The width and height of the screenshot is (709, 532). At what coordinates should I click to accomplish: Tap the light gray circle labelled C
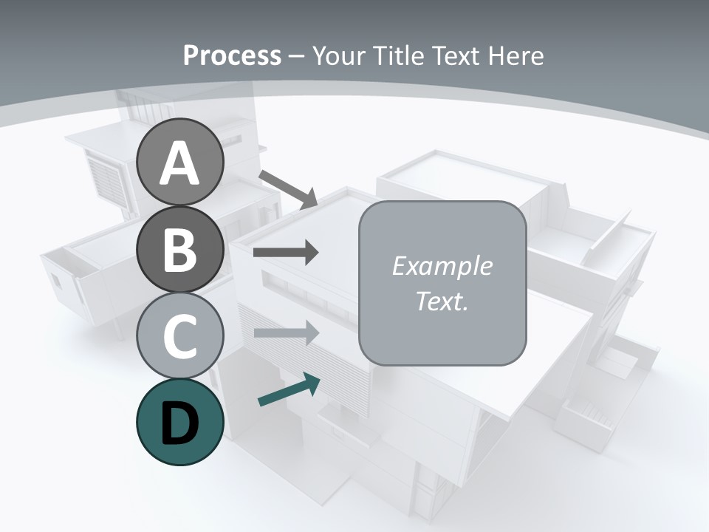tap(180, 336)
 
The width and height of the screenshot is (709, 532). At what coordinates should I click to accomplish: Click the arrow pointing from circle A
tap(288, 188)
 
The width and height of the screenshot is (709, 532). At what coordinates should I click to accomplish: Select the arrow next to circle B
tap(286, 253)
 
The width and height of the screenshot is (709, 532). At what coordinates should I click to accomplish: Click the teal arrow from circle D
tap(289, 389)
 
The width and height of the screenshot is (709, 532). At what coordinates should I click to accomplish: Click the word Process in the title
tap(232, 56)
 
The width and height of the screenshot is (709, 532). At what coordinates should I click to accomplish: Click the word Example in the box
tap(442, 266)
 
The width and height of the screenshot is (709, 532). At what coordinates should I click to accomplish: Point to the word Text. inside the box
tap(442, 301)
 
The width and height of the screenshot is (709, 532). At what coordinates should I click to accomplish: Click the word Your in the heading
tap(339, 56)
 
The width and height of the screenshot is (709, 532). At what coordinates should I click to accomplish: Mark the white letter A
tap(180, 163)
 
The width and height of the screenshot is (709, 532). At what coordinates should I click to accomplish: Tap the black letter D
tap(180, 424)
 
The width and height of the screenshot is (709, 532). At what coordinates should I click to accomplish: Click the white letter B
tap(180, 250)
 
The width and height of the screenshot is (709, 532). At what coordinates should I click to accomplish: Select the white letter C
tap(180, 336)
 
